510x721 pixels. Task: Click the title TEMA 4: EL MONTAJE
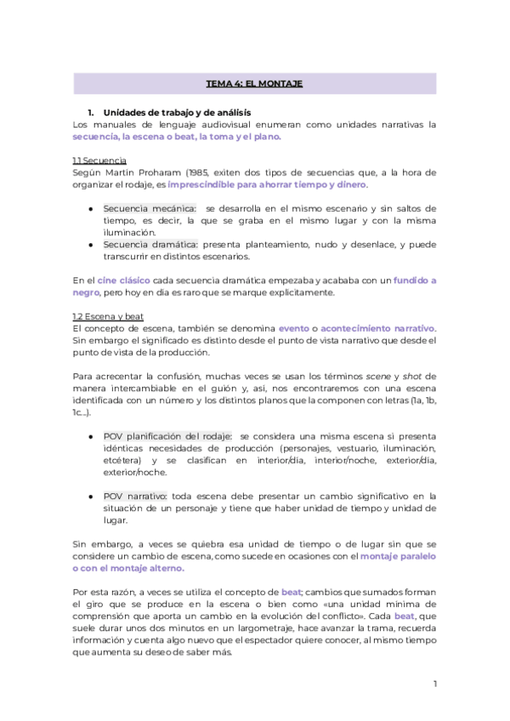pos(254,83)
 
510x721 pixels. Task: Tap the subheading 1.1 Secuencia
pos(99,160)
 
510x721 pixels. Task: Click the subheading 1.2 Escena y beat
pos(108,316)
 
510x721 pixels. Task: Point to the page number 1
pos(434,684)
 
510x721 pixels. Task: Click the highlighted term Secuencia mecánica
pos(150,208)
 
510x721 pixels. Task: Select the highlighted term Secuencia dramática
pos(150,244)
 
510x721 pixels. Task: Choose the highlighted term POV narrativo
pos(135,496)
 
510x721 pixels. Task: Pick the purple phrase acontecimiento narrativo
pos(377,328)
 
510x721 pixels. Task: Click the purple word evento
pos(294,328)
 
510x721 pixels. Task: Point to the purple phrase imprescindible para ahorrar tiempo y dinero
pos(268,184)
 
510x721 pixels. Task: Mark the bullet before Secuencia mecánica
pos(91,208)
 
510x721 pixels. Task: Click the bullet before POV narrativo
pos(91,496)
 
